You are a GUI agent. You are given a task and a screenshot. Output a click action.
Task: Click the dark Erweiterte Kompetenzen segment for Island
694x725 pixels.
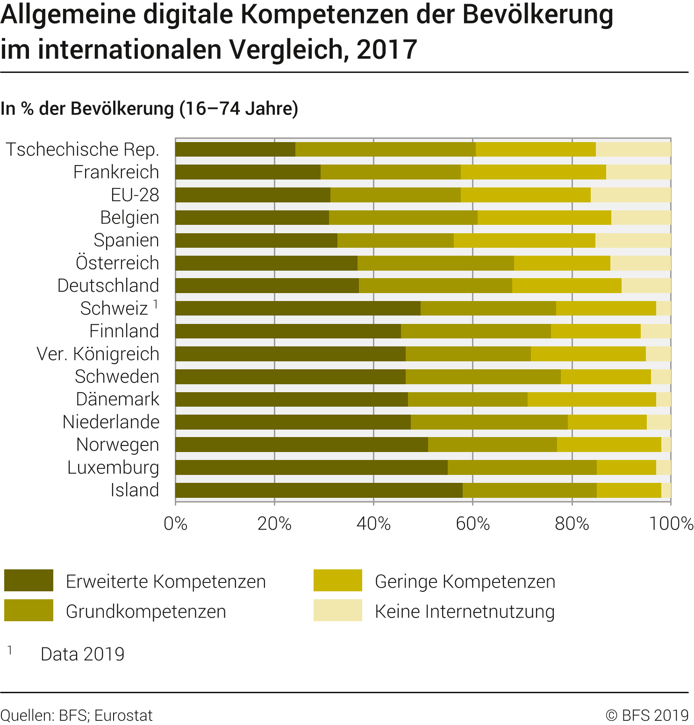(319, 490)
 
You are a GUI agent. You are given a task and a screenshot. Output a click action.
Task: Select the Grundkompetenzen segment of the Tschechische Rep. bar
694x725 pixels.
(386, 149)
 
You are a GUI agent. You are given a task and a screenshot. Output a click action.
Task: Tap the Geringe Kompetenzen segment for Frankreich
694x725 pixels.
(533, 172)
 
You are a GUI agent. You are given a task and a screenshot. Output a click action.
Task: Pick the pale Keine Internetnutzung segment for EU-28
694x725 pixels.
(630, 195)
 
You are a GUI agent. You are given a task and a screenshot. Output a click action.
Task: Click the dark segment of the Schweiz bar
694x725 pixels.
(298, 309)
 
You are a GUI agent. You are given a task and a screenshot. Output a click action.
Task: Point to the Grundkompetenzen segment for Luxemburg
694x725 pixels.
(522, 467)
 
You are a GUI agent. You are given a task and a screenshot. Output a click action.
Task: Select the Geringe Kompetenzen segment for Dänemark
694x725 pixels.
(592, 399)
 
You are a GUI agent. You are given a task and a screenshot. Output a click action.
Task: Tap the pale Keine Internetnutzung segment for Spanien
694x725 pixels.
(633, 240)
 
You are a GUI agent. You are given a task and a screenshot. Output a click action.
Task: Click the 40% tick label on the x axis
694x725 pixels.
(373, 524)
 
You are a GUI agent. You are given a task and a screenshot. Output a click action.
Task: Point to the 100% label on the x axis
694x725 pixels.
(671, 524)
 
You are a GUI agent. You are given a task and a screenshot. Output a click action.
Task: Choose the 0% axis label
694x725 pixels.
(176, 524)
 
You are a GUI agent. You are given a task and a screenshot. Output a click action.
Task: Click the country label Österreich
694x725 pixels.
(117, 263)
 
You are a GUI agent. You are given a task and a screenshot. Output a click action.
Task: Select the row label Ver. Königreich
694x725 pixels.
(98, 354)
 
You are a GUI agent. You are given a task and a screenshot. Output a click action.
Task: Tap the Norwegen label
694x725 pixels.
(118, 445)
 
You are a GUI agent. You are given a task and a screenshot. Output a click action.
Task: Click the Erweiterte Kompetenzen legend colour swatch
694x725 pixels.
(29, 581)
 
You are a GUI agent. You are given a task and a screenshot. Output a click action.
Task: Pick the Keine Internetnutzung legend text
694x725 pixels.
(465, 611)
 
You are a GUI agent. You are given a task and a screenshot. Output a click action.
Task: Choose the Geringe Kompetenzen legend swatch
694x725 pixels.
(337, 581)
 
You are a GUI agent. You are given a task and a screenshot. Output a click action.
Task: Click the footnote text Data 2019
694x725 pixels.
(83, 654)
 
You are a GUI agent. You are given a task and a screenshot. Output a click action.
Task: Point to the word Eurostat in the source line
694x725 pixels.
(123, 716)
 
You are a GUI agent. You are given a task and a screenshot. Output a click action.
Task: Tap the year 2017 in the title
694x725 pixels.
(386, 50)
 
